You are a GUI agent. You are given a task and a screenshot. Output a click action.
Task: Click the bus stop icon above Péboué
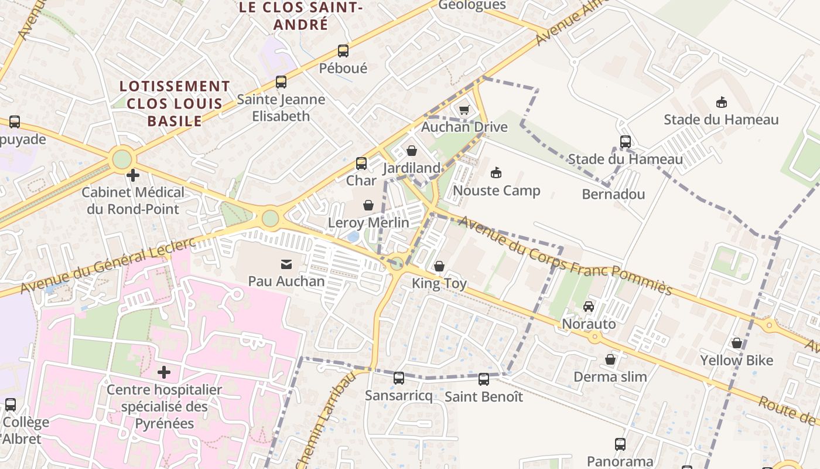tap(343, 51)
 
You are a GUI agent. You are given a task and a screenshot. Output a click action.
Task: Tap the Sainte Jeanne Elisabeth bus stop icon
tap(281, 82)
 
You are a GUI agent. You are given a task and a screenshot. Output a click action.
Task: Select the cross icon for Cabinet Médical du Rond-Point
tap(133, 175)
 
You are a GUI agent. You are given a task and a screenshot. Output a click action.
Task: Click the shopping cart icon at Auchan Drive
tap(464, 110)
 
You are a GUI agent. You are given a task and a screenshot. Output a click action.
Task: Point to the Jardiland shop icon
tap(412, 151)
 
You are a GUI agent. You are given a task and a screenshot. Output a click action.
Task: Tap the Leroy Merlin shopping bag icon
tap(368, 205)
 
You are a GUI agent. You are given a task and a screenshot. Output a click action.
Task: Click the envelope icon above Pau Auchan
tap(286, 264)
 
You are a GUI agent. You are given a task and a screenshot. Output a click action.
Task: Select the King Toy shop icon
tap(439, 267)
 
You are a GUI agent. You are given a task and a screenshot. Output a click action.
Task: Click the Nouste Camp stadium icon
tap(496, 173)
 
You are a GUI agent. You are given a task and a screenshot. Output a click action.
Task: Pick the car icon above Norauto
tap(589, 307)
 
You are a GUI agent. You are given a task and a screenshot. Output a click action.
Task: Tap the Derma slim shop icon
tap(610, 359)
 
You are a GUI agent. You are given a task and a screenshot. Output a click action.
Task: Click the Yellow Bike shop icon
tap(737, 343)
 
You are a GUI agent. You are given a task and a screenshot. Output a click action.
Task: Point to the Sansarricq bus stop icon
tap(399, 378)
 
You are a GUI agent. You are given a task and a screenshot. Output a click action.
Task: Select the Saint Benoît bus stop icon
tap(484, 379)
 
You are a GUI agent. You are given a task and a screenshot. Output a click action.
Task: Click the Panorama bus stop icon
tap(620, 444)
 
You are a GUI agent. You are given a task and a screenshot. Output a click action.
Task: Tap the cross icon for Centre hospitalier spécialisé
tap(164, 372)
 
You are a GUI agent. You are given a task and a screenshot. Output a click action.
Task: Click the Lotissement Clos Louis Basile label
tap(175, 104)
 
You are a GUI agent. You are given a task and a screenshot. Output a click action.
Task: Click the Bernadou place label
tap(613, 195)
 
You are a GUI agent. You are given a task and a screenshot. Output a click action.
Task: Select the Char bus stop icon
tap(361, 164)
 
